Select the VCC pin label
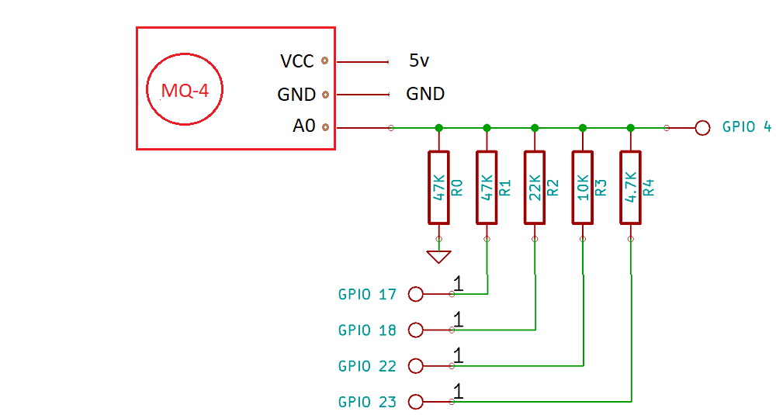coord(297,61)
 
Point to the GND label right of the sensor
coord(425,94)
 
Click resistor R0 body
coord(439,187)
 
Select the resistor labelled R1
coord(487,187)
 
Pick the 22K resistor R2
coord(535,187)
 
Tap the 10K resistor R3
coord(583,187)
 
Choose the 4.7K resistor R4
coord(631,187)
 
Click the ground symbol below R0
coord(439,256)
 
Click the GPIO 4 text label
coord(747,126)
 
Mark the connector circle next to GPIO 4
coord(702,127)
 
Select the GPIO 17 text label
coord(367,294)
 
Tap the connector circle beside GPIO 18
coord(415,330)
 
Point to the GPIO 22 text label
coord(367,365)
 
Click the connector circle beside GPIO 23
coord(415,402)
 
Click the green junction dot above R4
coord(631,127)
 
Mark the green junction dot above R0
coord(439,127)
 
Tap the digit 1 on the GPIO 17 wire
coord(458,284)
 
